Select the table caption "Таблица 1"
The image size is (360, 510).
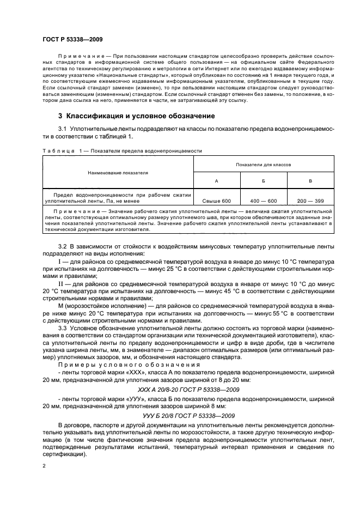click(x=60, y=150)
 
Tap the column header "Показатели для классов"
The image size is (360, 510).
click(x=264, y=164)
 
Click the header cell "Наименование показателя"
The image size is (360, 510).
click(x=118, y=173)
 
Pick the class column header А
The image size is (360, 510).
click(x=217, y=181)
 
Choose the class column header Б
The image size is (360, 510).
click(x=264, y=181)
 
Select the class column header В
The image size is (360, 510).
click(x=310, y=181)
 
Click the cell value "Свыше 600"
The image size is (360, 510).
click(x=217, y=201)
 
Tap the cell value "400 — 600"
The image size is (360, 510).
click(x=264, y=201)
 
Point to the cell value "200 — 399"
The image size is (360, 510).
click(x=310, y=201)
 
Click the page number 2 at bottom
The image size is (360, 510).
click(x=44, y=466)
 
